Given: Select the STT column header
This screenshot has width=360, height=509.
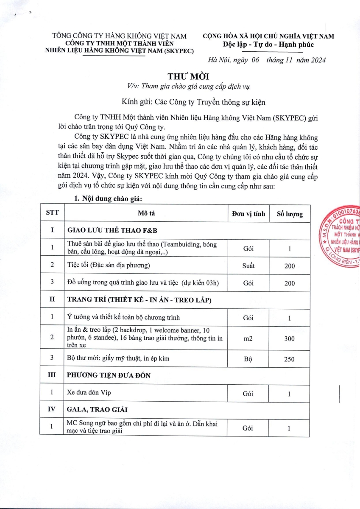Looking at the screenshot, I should pyautogui.click(x=52, y=213).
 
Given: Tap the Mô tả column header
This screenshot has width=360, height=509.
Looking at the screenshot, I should pyautogui.click(x=146, y=213).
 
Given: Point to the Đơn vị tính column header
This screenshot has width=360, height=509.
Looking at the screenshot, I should pyautogui.click(x=248, y=213).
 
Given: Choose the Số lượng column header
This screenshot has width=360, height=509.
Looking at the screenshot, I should pyautogui.click(x=290, y=214).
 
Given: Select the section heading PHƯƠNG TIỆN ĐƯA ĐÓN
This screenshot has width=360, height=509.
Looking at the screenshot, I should pyautogui.click(x=109, y=376).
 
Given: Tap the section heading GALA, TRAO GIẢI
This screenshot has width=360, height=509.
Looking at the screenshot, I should pyautogui.click(x=98, y=410).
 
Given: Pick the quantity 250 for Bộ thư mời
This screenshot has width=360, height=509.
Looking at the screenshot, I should pyautogui.click(x=290, y=359).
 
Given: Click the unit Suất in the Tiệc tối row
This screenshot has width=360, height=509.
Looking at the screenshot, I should pyautogui.click(x=248, y=266).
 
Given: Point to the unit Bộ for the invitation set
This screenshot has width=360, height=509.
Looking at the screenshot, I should pyautogui.click(x=248, y=359).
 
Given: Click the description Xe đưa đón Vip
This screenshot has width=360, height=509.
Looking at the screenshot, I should pyautogui.click(x=89, y=393).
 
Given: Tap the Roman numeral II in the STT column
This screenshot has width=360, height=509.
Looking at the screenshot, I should pyautogui.click(x=52, y=300).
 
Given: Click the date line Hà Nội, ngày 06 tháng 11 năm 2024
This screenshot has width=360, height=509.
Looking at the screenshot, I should pyautogui.click(x=267, y=60).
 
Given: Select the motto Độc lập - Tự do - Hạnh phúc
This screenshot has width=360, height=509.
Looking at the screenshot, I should pyautogui.click(x=268, y=45).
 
